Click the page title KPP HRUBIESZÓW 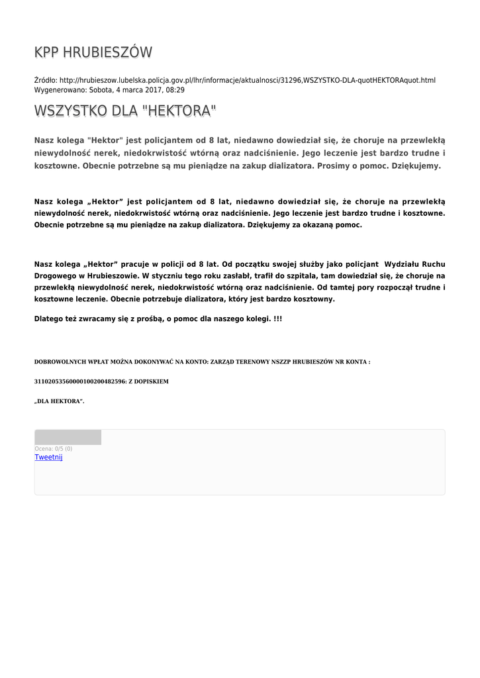point(93,52)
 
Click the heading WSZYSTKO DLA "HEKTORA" point(125,111)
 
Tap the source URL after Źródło point(248,80)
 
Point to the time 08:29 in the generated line point(175,89)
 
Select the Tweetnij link point(48,458)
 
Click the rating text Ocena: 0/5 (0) point(54,449)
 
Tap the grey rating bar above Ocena point(68,437)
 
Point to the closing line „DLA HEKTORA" point(59,401)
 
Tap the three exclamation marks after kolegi point(277,319)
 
